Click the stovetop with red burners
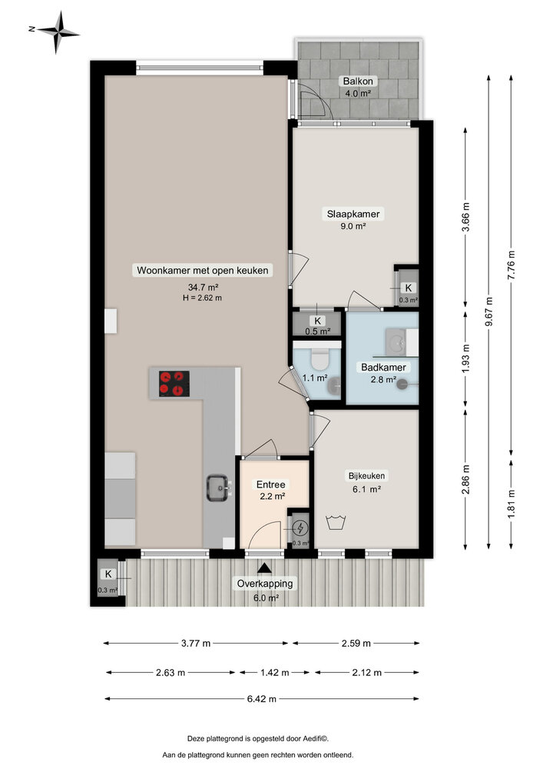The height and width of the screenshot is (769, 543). (174, 383)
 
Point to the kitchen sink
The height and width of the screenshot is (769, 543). (217, 486)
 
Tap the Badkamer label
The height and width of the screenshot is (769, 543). (383, 368)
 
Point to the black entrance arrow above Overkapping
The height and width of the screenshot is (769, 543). (265, 568)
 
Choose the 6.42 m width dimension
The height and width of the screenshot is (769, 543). (261, 699)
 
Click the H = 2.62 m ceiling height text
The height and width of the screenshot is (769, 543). (201, 298)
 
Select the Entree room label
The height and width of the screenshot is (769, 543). (270, 484)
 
